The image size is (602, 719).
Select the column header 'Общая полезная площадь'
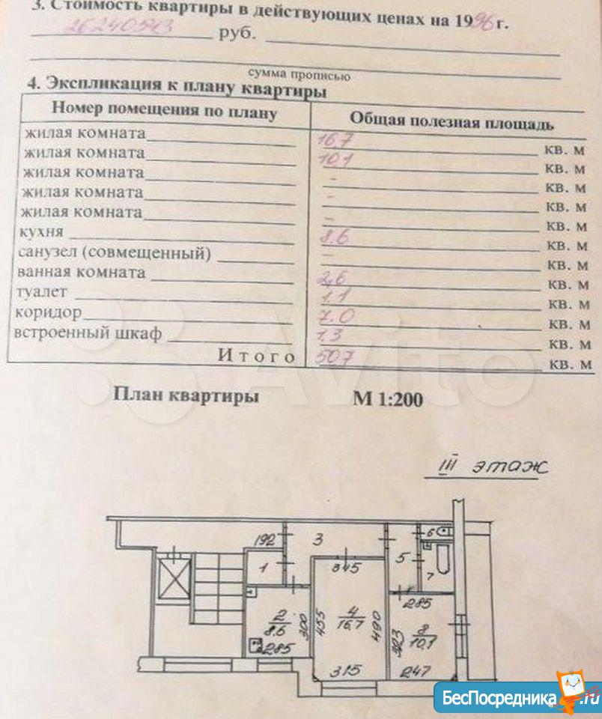452,121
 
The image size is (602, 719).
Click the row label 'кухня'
43,232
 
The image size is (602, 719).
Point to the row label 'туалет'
46,291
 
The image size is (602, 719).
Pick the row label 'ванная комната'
83,272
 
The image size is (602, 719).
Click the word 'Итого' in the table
256,356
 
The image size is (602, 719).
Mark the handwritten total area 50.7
335,357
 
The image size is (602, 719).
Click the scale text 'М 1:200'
387,399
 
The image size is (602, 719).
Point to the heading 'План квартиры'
186,395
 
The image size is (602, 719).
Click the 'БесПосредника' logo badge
517,697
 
